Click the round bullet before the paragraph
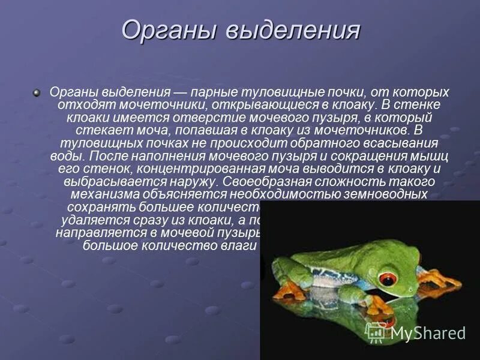click(37, 92)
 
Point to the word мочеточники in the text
click(137, 105)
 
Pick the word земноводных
click(386, 194)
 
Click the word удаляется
click(90, 220)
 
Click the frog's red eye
click(389, 280)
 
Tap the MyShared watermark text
click(427, 333)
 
